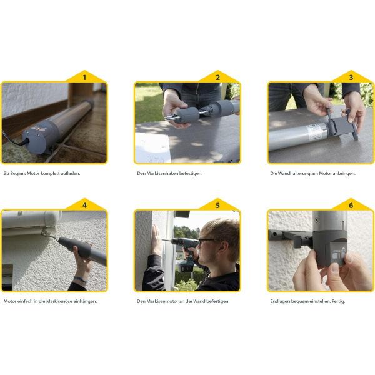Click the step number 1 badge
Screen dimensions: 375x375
84,77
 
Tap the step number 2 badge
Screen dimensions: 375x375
217,77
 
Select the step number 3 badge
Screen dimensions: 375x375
351,77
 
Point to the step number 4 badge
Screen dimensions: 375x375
84,205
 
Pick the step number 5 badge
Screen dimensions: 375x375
217,205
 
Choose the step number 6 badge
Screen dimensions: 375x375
351,205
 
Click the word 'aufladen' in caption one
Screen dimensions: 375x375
70,173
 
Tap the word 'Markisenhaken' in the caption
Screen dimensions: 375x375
162,173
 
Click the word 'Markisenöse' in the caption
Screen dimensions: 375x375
59,301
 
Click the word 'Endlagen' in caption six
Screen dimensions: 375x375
280,302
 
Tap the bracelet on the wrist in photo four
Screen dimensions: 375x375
80,280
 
